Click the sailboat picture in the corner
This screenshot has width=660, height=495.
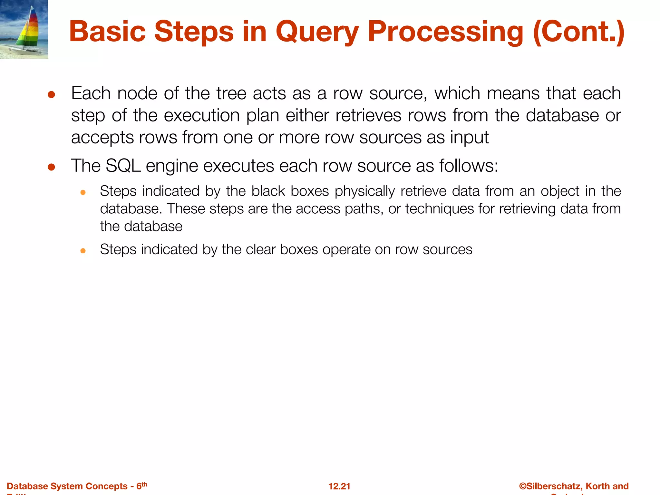tap(24, 29)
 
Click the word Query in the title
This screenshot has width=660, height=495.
tap(317, 32)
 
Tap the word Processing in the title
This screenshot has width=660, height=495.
tap(446, 32)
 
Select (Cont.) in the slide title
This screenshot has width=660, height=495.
tap(579, 32)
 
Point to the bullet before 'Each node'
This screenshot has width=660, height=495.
tap(51, 95)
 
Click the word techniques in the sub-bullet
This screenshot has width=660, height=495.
tap(440, 209)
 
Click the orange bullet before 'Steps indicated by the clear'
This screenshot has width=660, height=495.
tap(83, 251)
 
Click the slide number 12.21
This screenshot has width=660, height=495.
tap(339, 486)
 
